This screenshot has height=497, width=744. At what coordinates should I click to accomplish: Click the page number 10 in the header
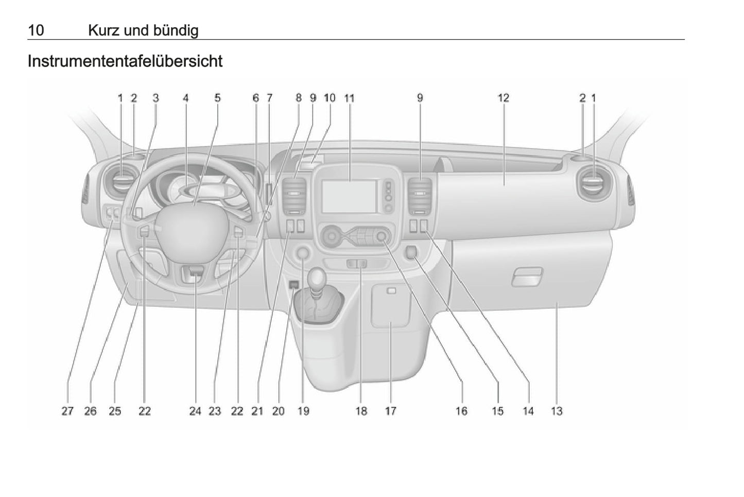36,30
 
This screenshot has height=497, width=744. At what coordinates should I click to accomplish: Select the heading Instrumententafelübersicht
125,61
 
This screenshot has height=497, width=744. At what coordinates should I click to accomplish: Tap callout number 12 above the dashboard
503,98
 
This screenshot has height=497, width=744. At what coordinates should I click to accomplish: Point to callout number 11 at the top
350,98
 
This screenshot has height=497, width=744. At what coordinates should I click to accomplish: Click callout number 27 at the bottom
67,411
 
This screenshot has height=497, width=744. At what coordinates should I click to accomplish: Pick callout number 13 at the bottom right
557,411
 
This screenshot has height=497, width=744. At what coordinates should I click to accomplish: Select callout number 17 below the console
391,411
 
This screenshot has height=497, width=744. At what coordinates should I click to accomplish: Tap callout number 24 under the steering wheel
195,411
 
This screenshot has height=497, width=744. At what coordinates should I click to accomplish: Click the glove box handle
527,277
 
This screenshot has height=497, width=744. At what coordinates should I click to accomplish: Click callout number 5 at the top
217,98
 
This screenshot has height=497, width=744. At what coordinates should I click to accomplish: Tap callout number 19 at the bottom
303,411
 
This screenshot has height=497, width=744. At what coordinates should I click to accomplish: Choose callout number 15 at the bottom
497,411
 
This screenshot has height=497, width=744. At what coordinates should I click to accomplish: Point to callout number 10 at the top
330,98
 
